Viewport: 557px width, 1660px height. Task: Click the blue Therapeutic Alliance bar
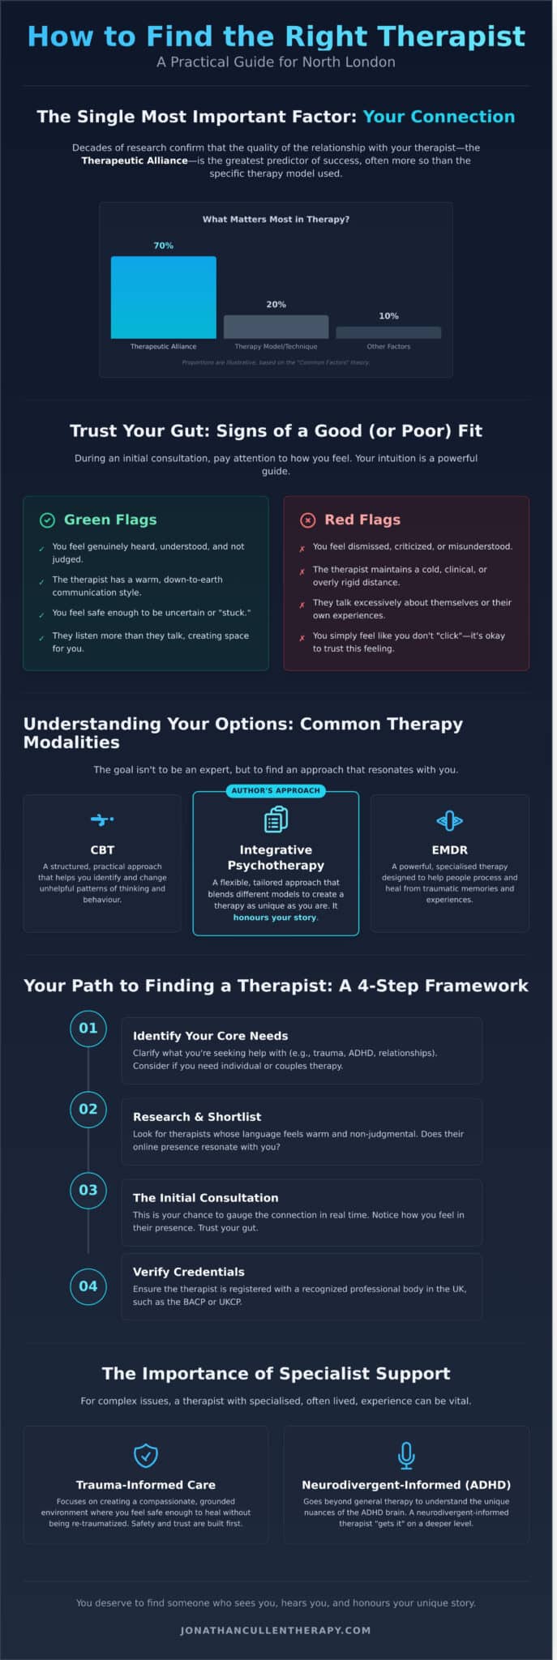[163, 297]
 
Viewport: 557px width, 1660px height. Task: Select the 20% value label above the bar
[276, 305]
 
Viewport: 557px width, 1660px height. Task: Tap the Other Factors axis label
[388, 346]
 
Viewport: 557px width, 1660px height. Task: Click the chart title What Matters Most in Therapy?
[276, 219]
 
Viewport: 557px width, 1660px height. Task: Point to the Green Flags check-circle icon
[47, 520]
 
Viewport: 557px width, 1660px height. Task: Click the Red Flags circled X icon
[308, 520]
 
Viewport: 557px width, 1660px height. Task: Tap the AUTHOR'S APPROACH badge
[276, 790]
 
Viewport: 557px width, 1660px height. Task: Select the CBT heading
[102, 849]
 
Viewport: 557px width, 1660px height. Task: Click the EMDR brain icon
[449, 821]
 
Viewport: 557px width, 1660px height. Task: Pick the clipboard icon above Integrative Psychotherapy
[276, 819]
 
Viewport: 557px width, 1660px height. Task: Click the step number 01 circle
[88, 1028]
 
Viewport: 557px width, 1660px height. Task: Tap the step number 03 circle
[88, 1190]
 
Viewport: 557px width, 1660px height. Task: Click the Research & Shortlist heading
[197, 1116]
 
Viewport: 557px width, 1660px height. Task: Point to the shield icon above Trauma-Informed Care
[146, 1455]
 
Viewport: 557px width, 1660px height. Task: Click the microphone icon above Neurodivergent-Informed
[406, 1455]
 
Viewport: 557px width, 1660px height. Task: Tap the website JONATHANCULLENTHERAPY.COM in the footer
[276, 1630]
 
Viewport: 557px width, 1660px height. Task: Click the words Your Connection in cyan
[439, 117]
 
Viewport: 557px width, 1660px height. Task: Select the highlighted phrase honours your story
[276, 918]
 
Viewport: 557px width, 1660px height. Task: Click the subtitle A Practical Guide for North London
[276, 62]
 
